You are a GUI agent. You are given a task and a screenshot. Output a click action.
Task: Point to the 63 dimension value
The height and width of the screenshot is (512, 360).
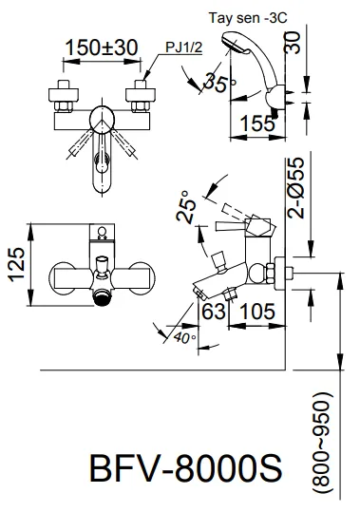[x=215, y=312]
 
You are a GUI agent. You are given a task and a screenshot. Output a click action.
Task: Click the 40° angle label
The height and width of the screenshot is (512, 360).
[x=184, y=335]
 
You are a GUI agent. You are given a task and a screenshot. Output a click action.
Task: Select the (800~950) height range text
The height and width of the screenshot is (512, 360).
[x=324, y=441]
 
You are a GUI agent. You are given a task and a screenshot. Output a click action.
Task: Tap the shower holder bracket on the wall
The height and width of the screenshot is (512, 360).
[x=277, y=97]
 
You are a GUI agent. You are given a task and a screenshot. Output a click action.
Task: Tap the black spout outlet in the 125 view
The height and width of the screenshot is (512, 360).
[x=98, y=298]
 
